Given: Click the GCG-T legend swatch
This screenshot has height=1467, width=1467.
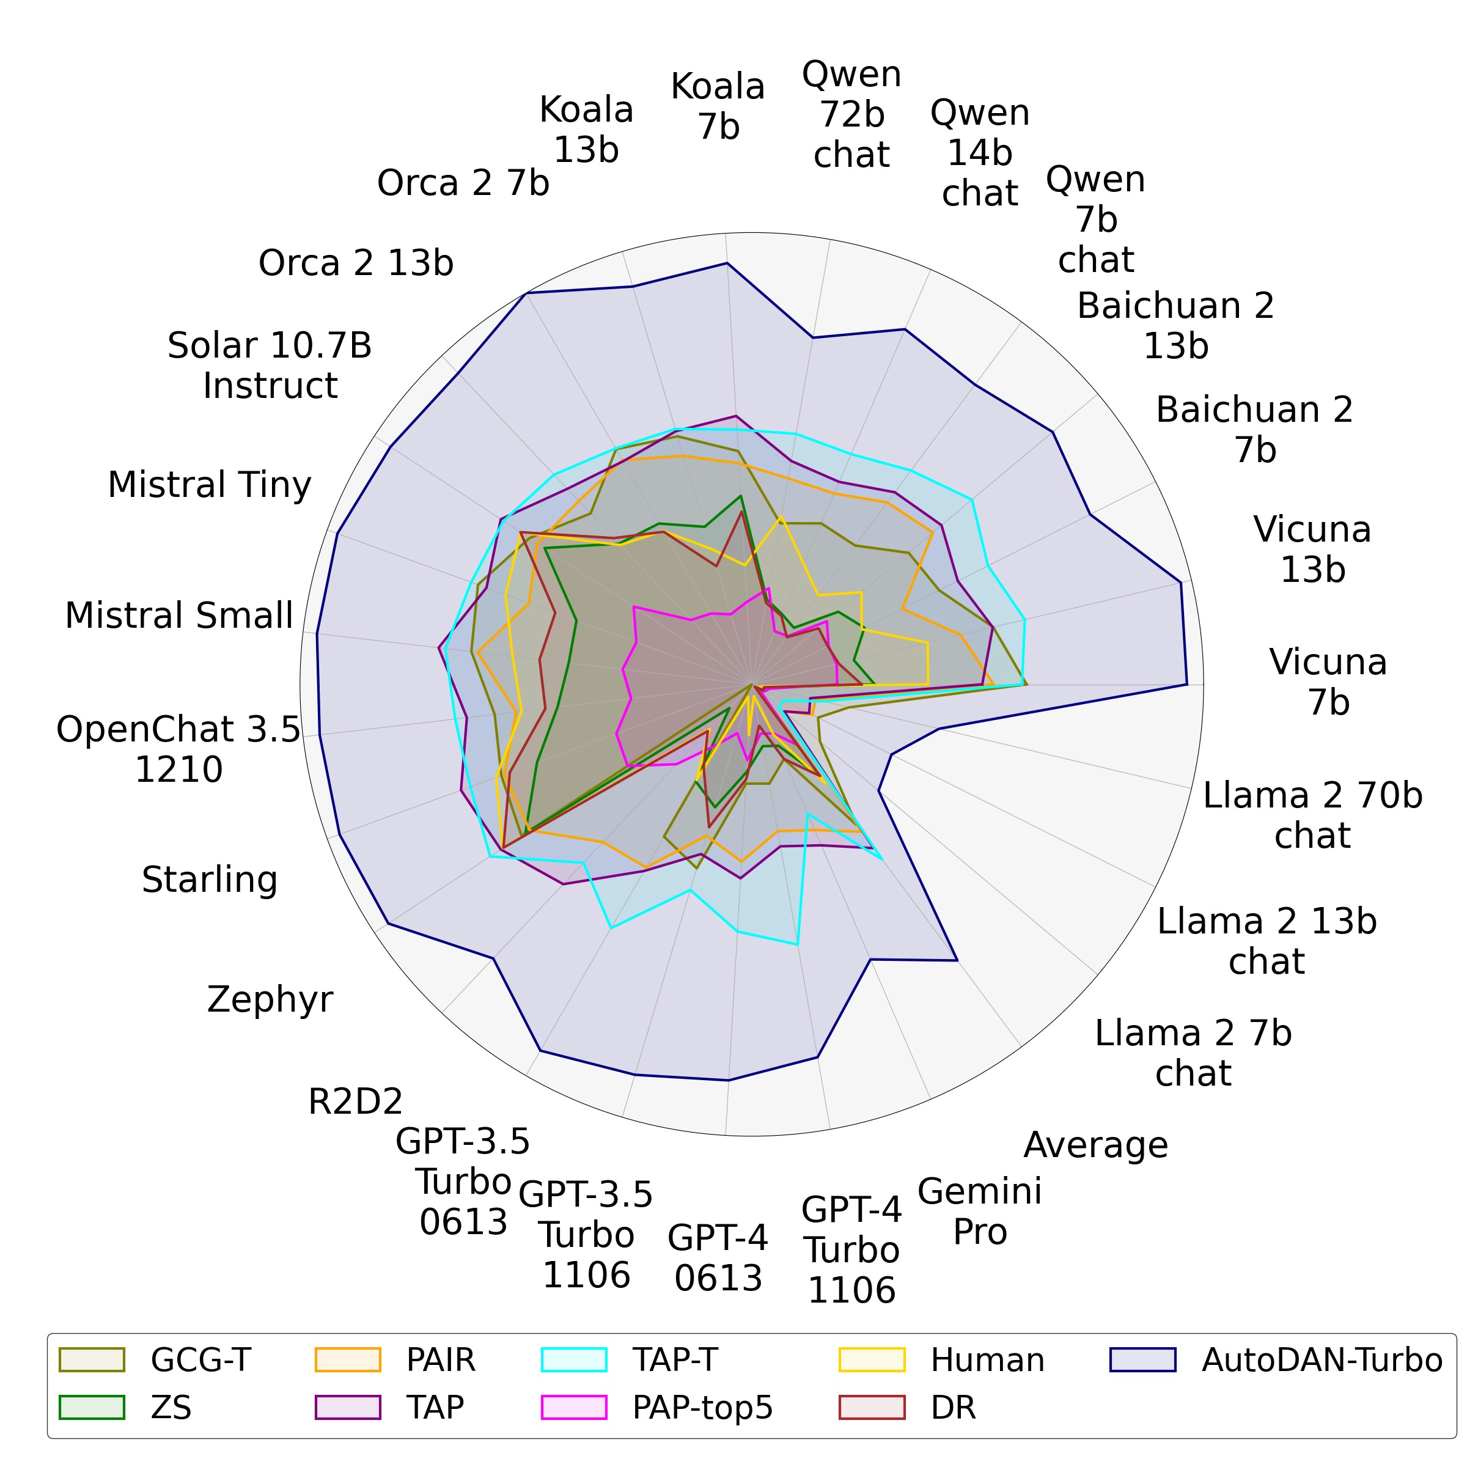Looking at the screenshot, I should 91,1360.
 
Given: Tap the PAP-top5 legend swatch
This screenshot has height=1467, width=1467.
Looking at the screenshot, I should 574,1407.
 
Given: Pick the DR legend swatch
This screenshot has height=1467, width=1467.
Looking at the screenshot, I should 872,1407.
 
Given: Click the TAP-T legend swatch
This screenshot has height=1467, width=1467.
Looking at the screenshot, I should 574,1360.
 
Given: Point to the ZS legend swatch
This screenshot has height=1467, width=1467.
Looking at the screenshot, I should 91,1407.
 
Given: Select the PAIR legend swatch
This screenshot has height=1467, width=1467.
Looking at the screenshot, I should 347,1360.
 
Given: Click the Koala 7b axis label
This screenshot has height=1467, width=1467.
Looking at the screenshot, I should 718,106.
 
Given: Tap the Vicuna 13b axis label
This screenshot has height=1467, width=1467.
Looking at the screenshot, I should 1312,550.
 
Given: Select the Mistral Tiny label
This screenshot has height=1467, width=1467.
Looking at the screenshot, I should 210,485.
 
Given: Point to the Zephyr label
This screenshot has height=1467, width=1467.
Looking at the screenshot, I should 270,999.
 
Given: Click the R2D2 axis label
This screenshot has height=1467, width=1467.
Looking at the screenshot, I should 355,1101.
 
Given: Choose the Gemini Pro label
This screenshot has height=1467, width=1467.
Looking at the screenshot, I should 979,1211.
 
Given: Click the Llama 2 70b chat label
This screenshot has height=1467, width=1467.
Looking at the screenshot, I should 1312,815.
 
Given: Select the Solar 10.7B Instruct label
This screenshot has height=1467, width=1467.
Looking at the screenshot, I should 270,366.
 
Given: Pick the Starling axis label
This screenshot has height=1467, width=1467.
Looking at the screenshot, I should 210,880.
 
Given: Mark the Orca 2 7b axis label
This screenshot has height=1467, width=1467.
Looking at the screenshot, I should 463,183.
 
